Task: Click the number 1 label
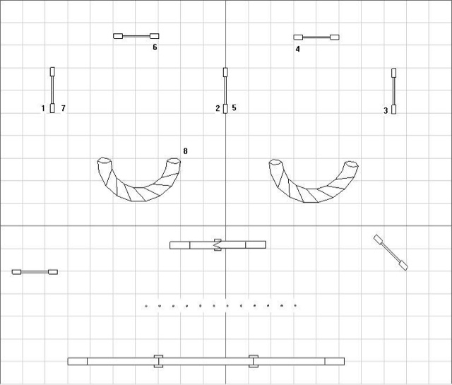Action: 43,108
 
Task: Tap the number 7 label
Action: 63,108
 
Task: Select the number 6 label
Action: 155,47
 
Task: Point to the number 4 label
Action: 298,49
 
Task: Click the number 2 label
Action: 218,108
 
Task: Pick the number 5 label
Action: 234,108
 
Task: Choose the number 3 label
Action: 386,110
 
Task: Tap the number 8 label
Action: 185,151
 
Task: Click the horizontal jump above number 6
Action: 136,35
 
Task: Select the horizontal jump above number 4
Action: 316,37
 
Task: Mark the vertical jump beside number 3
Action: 393,91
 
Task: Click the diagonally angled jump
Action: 391,252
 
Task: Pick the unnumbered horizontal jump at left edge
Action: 35,272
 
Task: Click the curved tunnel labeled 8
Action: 138,183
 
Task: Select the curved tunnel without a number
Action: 314,183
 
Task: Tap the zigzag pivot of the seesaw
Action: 218,245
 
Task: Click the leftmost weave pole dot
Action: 146,306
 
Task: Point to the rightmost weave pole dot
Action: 295,306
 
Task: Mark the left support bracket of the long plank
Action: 158,361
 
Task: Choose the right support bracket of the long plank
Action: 254,361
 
